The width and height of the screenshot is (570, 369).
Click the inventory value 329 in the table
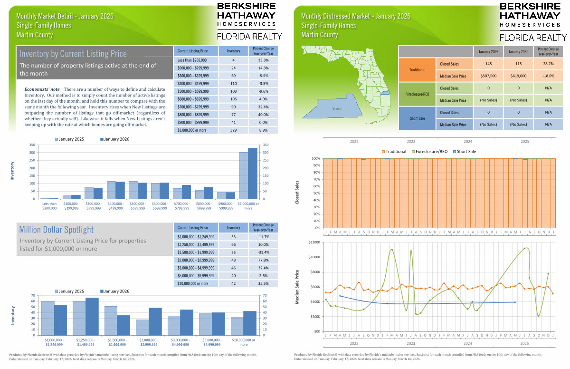point(233,130)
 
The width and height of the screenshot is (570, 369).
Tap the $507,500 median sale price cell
point(488,76)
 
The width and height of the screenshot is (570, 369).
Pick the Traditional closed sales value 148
point(488,64)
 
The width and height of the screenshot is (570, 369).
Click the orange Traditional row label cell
point(417,70)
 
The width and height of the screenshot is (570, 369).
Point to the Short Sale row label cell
point(417,118)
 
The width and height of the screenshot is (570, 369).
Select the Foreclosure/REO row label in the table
point(417,94)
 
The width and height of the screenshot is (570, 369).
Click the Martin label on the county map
point(337,108)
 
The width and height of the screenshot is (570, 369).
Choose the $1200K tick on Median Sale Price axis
point(314,242)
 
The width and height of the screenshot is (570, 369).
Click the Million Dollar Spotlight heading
point(57,230)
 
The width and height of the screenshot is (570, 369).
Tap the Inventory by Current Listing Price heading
point(73,54)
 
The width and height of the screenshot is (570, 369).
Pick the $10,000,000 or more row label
point(192,283)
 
